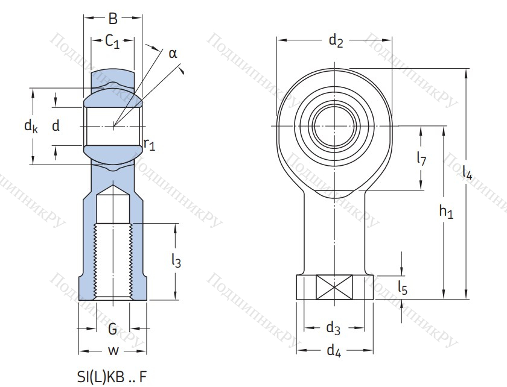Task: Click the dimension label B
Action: pyautogui.click(x=113, y=19)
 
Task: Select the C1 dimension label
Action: pyautogui.click(x=112, y=42)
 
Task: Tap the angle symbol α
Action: pyautogui.click(x=173, y=54)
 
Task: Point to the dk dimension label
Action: pyautogui.click(x=31, y=125)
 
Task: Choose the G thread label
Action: pyautogui.click(x=112, y=329)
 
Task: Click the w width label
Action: pyautogui.click(x=113, y=350)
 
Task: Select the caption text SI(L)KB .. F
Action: pyautogui.click(x=112, y=377)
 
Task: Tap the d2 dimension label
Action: pyautogui.click(x=336, y=41)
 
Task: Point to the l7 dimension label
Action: pyautogui.click(x=422, y=159)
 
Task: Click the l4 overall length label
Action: pyautogui.click(x=467, y=172)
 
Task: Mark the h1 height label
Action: pyautogui.click(x=446, y=212)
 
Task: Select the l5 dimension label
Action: pyautogui.click(x=403, y=287)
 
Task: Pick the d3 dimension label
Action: pyautogui.click(x=333, y=328)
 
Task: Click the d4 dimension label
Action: pyautogui.click(x=334, y=350)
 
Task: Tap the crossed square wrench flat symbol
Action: pyautogui.click(x=334, y=287)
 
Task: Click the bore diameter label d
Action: pyautogui.click(x=56, y=125)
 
